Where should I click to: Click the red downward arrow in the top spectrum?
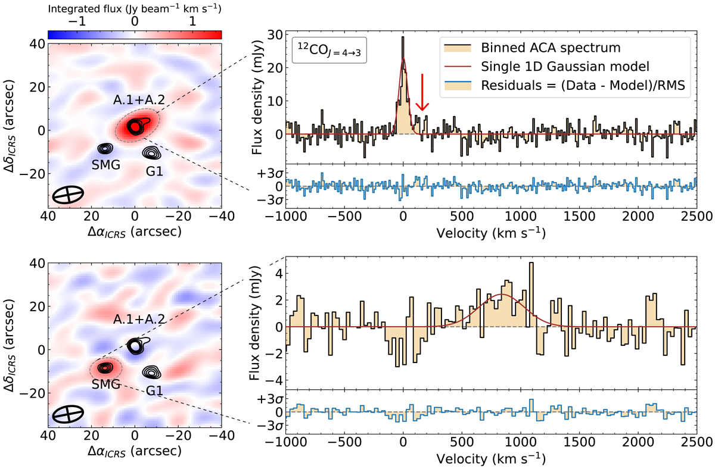pyautogui.click(x=422, y=92)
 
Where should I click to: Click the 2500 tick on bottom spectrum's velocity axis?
pyautogui.click(x=696, y=444)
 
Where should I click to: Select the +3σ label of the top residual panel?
pyautogui.click(x=273, y=173)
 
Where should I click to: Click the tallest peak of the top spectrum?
pyautogui.click(x=403, y=37)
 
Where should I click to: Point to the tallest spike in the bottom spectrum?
pyautogui.click(x=531, y=264)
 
